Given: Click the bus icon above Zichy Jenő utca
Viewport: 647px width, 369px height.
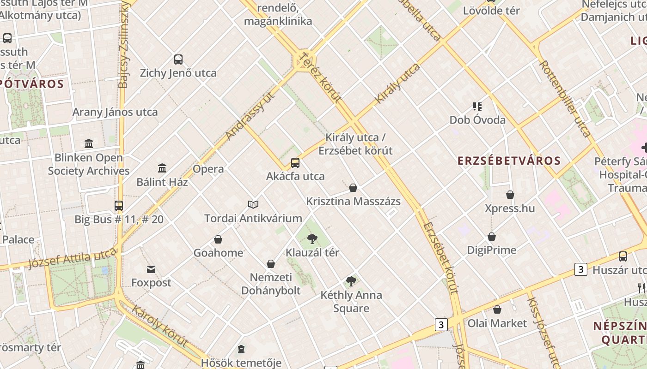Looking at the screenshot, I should [178, 59].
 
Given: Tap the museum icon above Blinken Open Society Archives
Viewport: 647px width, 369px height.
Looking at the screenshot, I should [89, 143].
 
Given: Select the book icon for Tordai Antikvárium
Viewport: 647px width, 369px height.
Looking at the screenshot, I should [253, 204].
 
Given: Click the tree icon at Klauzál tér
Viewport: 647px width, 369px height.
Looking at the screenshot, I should [312, 239].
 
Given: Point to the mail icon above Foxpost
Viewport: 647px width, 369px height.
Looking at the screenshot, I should [151, 269].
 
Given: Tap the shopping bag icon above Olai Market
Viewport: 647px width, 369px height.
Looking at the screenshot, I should [497, 309].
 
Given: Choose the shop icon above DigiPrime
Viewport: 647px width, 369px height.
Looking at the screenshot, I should [492, 237].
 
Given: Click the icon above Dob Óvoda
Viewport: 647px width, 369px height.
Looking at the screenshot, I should [477, 107].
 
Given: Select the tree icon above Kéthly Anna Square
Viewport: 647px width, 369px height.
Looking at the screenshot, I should [351, 281].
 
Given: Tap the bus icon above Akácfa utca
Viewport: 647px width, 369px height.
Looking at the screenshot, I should [295, 162].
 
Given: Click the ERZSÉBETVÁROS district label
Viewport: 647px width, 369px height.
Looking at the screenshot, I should [509, 161].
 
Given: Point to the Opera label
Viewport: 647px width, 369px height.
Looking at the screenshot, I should [208, 169].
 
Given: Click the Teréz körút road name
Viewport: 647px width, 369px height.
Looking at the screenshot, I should [320, 77].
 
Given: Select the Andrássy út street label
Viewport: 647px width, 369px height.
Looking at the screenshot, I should [250, 115].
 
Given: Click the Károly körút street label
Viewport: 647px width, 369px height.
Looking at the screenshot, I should [160, 326].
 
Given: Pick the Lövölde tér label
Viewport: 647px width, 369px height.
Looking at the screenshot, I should [492, 11].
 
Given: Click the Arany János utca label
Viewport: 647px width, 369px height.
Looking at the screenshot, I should [115, 112].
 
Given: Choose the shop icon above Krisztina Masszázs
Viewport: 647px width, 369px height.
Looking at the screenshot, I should [353, 188].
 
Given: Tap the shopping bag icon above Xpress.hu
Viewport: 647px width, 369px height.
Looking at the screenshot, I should [510, 195].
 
